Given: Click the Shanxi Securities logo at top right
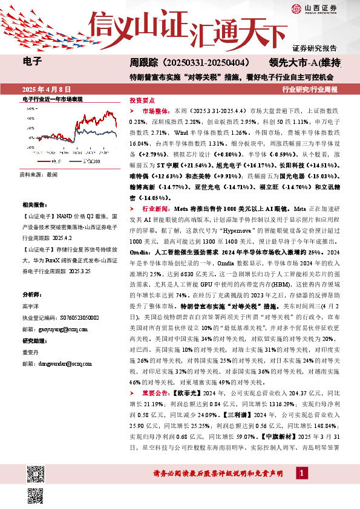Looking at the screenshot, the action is coord(314,8).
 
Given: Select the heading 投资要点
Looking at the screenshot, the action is coord(142,101).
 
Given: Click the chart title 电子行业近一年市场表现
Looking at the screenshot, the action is coord(52,99).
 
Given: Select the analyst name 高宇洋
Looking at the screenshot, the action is coord(30,307).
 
